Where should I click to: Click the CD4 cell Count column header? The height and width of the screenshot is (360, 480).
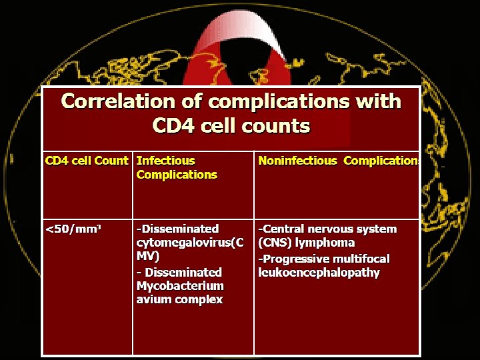(86, 161)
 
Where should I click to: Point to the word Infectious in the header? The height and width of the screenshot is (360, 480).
(165, 161)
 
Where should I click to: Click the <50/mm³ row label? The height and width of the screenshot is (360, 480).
(73, 229)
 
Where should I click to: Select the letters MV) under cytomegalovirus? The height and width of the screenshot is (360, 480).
(148, 257)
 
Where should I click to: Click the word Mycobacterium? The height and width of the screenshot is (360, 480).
(180, 286)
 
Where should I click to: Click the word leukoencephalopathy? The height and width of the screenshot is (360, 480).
(319, 273)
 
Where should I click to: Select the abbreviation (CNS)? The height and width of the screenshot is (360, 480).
(274, 243)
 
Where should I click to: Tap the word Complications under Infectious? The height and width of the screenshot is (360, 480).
(177, 175)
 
